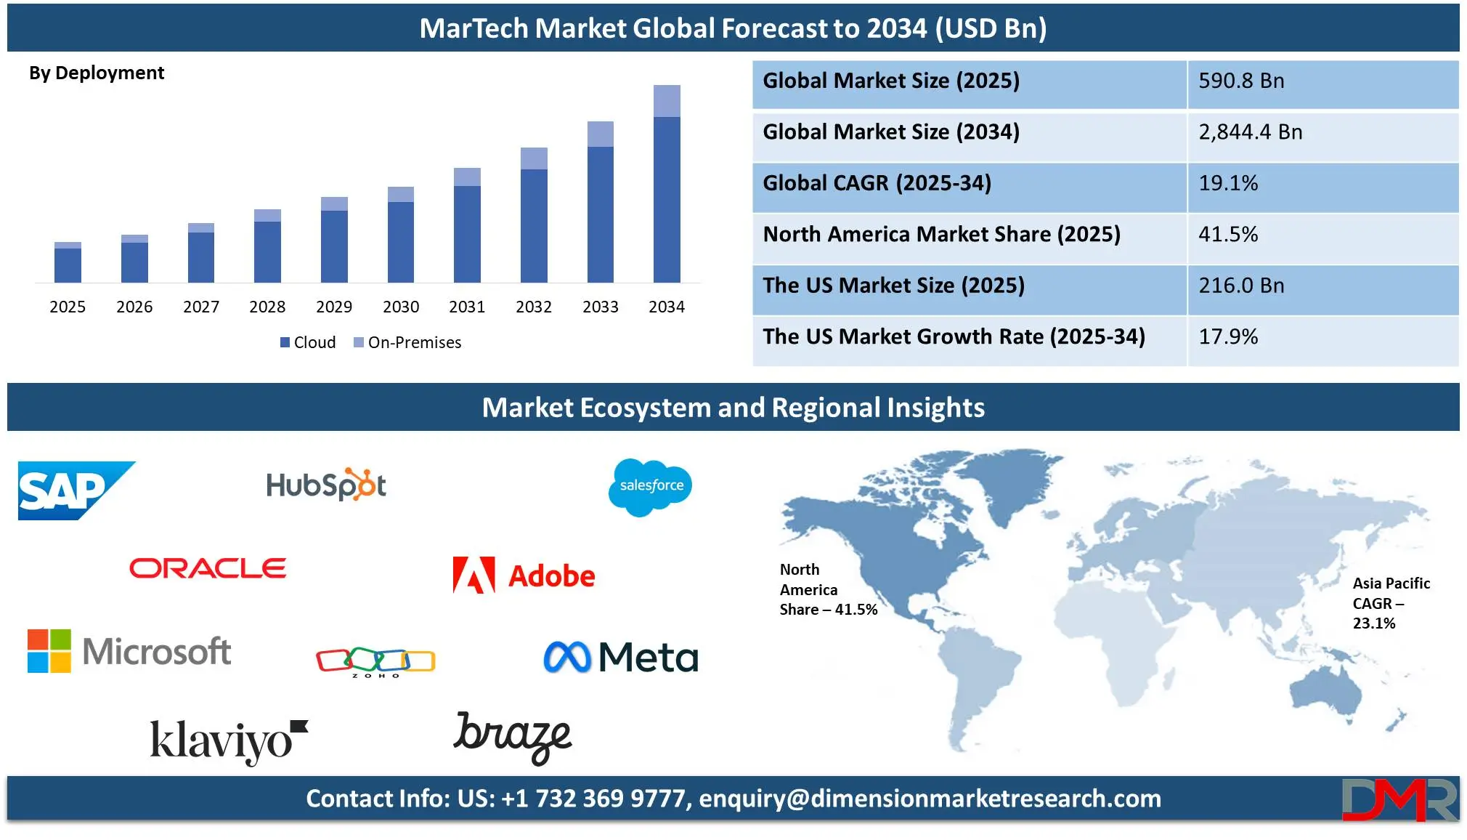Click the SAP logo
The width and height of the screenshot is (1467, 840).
click(x=76, y=490)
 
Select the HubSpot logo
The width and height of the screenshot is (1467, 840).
click(x=326, y=485)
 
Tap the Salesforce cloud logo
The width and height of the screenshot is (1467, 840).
click(x=650, y=487)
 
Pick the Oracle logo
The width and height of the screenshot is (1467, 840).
click(x=208, y=568)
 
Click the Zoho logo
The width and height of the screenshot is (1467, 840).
click(x=375, y=661)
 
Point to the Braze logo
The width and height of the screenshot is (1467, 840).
click(x=513, y=738)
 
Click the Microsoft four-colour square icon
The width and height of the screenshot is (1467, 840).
click(x=49, y=651)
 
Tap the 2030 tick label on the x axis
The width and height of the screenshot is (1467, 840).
click(x=401, y=307)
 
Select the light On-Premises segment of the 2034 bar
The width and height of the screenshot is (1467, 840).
click(x=667, y=101)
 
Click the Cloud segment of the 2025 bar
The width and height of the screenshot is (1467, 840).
click(x=68, y=265)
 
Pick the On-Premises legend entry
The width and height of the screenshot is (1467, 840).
click(x=407, y=342)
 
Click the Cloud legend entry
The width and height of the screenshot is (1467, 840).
click(x=308, y=342)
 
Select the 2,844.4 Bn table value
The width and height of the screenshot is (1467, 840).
click(x=1250, y=132)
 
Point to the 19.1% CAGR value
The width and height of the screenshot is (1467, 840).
click(x=1228, y=183)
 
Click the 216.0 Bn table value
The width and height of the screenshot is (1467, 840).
click(x=1241, y=286)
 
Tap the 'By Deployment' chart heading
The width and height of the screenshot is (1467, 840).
click(x=97, y=73)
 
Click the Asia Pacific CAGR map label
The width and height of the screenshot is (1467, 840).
click(x=1391, y=603)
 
